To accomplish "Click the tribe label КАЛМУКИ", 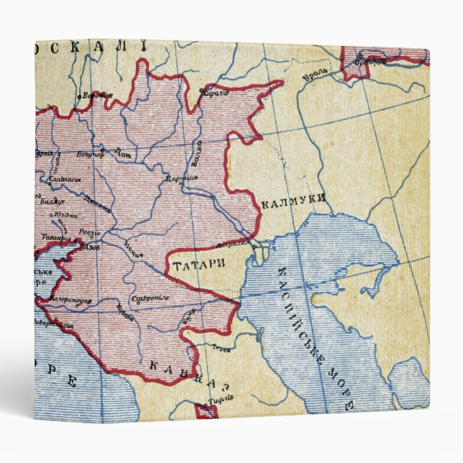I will click(293, 202).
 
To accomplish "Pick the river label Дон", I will click(124, 153).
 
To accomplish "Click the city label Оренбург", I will click(370, 60).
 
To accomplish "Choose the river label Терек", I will click(221, 348).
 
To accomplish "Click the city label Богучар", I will click(91, 153).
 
